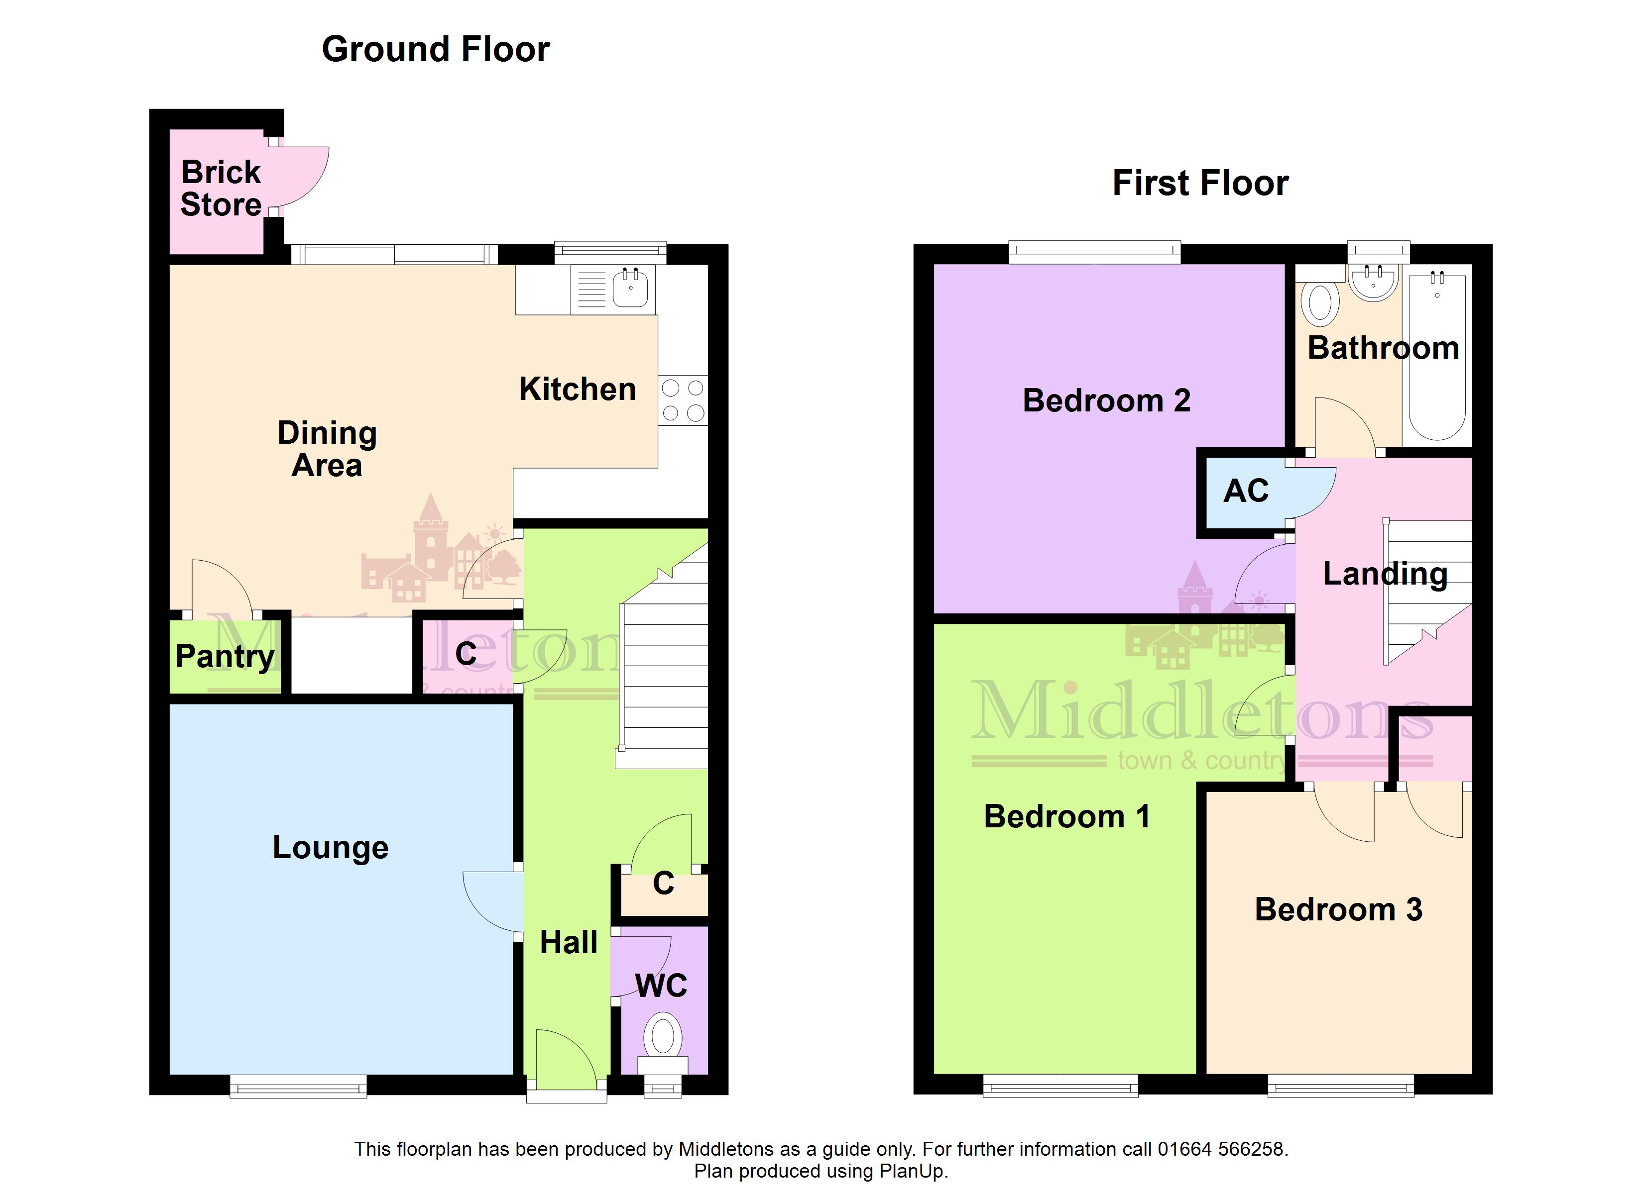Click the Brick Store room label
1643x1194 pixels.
pyautogui.click(x=221, y=188)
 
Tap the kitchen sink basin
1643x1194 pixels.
pyautogui.click(x=630, y=288)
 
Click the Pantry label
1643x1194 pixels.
pyautogui.click(x=225, y=657)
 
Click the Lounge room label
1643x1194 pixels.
pyautogui.click(x=330, y=848)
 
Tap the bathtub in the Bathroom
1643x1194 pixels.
pyautogui.click(x=1437, y=355)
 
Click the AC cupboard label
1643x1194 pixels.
pyautogui.click(x=1246, y=491)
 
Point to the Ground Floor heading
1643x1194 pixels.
pyautogui.click(x=436, y=49)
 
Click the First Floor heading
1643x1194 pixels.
pyautogui.click(x=1200, y=183)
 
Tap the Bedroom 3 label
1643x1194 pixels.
pyautogui.click(x=1339, y=909)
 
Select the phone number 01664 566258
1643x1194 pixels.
pyautogui.click(x=1221, y=1149)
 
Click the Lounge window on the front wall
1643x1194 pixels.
pyautogui.click(x=298, y=1086)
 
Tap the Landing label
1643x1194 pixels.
pyautogui.click(x=1385, y=574)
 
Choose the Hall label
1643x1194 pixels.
pyautogui.click(x=569, y=943)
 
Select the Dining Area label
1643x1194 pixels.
pyautogui.click(x=328, y=449)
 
